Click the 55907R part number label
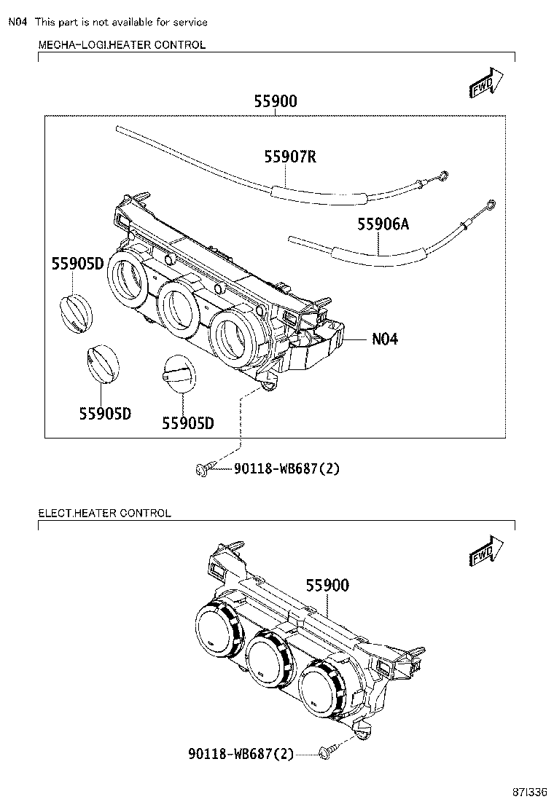pos(289,157)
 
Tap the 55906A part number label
pos(383,224)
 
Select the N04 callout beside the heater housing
pos(385,339)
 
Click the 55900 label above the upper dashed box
pos(276,102)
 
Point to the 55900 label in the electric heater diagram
pos(327,585)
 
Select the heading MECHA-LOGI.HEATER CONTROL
pos(122,45)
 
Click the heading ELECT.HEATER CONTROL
pos(105,513)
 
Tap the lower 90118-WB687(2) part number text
pos(241,754)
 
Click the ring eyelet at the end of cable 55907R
pos(442,175)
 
